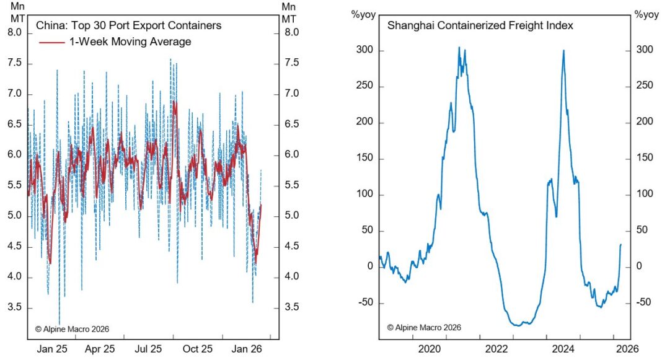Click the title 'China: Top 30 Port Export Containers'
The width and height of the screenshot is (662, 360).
128,26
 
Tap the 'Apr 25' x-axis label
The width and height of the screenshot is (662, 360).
100,349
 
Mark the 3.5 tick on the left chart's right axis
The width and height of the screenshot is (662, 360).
291,308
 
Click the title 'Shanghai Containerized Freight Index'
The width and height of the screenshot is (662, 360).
480,26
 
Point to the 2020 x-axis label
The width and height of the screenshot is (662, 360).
430,349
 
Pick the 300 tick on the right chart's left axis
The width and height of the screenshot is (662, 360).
366,50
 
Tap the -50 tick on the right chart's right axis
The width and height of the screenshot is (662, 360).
645,303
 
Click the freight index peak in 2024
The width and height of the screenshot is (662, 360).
563,51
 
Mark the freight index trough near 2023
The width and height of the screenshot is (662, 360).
516,325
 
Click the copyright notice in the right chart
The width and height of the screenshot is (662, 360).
424,327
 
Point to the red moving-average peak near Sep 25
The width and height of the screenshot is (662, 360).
175,103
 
